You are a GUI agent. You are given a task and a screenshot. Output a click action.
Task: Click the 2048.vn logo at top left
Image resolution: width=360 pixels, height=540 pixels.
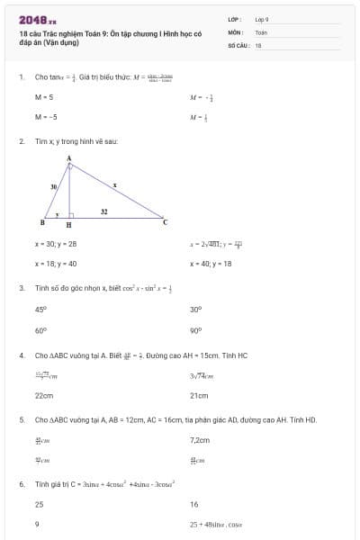[x=37, y=19]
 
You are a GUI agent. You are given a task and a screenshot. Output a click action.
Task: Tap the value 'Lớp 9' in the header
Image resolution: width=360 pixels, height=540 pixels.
[x=262, y=19]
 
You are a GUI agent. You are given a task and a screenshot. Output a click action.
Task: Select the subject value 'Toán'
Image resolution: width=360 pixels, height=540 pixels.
[x=261, y=31]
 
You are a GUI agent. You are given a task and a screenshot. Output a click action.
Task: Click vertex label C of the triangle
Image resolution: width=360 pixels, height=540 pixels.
[x=165, y=221]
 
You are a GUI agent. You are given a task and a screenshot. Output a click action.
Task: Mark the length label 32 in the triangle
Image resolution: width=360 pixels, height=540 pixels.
[x=104, y=211]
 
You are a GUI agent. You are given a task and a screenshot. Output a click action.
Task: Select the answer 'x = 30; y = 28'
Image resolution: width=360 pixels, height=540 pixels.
[x=56, y=243]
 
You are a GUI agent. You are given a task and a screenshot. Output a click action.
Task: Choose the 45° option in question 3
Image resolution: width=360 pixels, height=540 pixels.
[x=40, y=309]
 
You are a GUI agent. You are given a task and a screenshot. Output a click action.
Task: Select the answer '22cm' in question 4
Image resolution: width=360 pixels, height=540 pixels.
[x=44, y=395]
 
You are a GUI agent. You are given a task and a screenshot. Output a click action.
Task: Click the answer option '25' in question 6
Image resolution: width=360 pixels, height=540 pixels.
[x=39, y=505]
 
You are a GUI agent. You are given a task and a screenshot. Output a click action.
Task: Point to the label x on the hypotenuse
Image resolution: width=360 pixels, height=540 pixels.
[x=114, y=184]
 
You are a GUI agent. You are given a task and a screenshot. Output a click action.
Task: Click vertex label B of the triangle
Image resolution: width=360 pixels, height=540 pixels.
[x=43, y=221]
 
